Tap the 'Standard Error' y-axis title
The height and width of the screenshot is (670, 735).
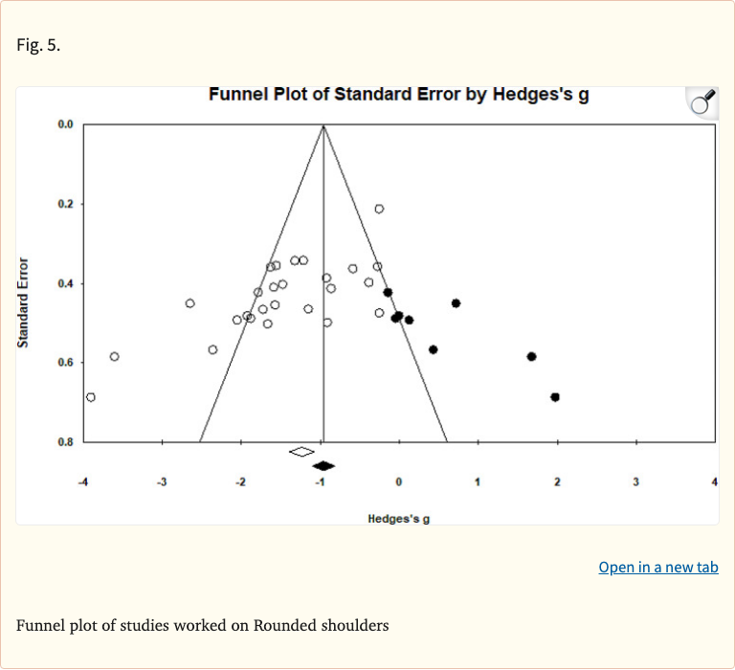tap(23, 302)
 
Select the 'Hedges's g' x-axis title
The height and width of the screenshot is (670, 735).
tap(398, 518)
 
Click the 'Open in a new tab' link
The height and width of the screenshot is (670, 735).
tap(657, 567)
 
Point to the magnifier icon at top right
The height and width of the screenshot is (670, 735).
tap(703, 101)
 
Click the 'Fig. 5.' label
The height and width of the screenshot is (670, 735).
tap(38, 45)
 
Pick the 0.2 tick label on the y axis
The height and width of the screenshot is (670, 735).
tap(65, 205)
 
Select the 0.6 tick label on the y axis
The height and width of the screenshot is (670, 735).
tap(65, 363)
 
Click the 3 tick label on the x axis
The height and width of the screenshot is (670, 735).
tap(635, 481)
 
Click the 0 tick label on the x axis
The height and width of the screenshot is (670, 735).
tap(398, 481)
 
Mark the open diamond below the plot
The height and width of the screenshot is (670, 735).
tap(301, 451)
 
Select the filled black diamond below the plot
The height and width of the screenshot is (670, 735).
tap(323, 466)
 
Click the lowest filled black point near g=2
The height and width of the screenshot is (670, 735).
tap(555, 397)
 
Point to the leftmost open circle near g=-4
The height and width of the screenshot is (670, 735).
tap(91, 397)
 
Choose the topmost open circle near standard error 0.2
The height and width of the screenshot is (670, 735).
tap(379, 209)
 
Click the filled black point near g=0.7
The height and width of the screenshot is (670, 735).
tap(456, 303)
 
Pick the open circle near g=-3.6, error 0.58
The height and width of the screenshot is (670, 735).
tap(115, 357)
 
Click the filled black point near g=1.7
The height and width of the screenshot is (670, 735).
tap(531, 357)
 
